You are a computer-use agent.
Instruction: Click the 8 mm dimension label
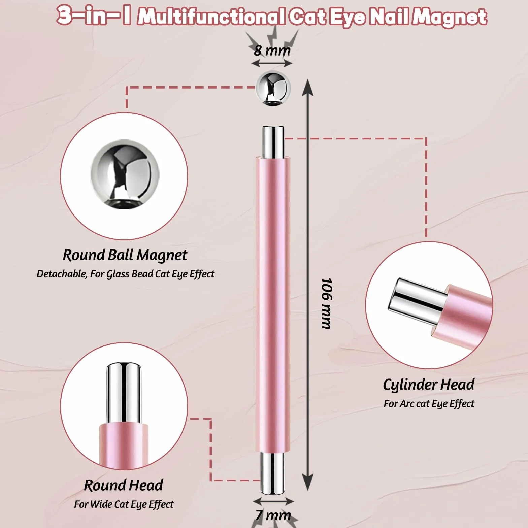point(272,51)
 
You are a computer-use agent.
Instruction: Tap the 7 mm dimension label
point(273,515)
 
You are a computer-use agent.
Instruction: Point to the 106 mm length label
point(326,303)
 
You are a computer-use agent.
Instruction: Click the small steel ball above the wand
point(273,88)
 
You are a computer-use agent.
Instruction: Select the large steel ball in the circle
point(125,174)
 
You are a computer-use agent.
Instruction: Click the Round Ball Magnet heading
point(125,255)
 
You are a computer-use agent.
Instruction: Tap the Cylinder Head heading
point(429,385)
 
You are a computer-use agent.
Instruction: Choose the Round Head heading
point(124,485)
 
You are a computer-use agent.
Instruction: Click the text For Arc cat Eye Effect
point(429,403)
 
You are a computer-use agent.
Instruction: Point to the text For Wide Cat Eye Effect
point(124,504)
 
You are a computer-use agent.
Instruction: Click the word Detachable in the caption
point(62,274)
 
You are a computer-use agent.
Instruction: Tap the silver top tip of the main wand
point(273,142)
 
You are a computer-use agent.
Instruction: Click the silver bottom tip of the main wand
point(273,473)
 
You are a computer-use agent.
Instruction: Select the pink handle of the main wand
point(273,305)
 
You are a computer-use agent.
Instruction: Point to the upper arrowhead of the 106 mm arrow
point(307,88)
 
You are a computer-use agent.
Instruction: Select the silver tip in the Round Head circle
point(124,393)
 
